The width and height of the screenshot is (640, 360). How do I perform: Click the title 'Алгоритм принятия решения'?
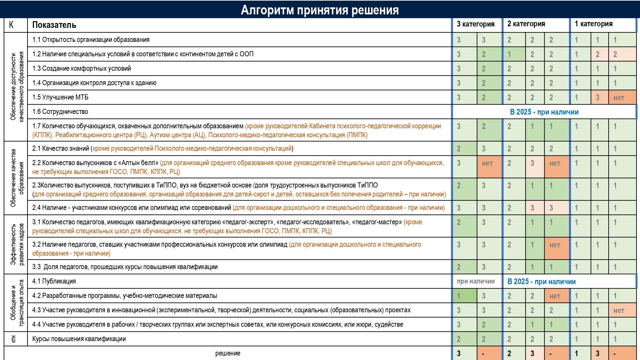[x=319, y=10]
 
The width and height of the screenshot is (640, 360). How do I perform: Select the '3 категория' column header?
[x=476, y=24]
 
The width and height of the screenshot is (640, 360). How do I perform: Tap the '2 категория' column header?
[x=526, y=24]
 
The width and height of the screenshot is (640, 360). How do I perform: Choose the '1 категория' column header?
[x=593, y=24]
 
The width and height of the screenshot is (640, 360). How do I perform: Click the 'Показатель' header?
[x=54, y=25]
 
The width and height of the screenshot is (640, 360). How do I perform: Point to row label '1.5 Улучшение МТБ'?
[x=60, y=97]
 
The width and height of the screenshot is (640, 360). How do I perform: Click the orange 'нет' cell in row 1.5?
[x=619, y=98]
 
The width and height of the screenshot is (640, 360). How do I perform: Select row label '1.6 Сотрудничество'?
[x=60, y=112]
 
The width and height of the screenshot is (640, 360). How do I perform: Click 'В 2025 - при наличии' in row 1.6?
[x=544, y=112]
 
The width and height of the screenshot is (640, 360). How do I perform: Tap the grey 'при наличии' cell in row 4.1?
[x=476, y=281]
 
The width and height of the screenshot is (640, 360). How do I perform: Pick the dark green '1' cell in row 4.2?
[x=459, y=296]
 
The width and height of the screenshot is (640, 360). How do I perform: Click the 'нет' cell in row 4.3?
[x=619, y=310]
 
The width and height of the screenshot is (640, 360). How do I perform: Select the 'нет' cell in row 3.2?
[x=555, y=245]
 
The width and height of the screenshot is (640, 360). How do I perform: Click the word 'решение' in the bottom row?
[x=228, y=353]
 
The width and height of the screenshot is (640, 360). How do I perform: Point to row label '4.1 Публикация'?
[x=54, y=281]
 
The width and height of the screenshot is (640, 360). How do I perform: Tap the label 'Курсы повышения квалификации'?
[x=79, y=339]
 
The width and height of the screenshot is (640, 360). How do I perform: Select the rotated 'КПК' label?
[x=13, y=339]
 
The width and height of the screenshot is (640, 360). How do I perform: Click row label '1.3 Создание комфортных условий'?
[x=82, y=68]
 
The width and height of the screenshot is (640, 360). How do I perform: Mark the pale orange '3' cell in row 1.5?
[x=597, y=98]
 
